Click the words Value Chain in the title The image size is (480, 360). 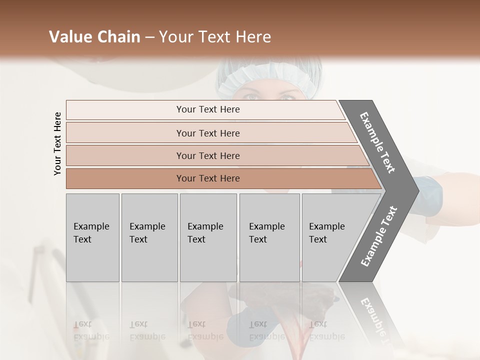point(94,37)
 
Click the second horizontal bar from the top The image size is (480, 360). point(208,133)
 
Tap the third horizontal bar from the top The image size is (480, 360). point(208,155)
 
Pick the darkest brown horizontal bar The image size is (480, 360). point(208,178)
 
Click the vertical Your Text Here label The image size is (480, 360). point(57,143)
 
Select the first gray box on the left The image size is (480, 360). point(92,237)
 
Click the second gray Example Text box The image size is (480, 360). point(149,237)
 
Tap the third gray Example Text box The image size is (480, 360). point(207,237)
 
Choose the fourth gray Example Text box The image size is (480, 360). point(269,237)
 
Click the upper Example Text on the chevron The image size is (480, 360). point(378,142)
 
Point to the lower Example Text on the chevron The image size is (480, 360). point(378,236)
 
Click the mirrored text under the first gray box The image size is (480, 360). point(91,330)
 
